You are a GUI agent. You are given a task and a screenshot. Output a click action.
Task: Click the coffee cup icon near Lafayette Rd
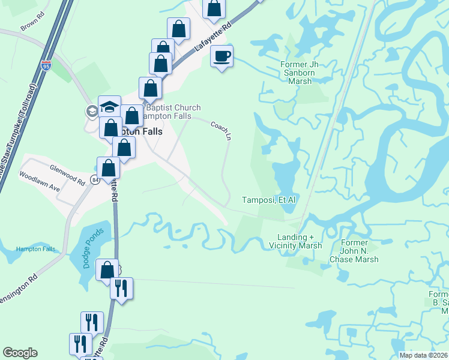(x=221, y=57)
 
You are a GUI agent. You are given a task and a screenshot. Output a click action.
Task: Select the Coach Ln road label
(x=221, y=130)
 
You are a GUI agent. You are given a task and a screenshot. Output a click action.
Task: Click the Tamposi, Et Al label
(x=269, y=200)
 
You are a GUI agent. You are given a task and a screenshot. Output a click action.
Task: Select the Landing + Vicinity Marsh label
(x=300, y=241)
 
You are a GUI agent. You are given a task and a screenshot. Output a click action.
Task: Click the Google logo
(x=20, y=353)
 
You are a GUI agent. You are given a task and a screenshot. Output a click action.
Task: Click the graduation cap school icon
(x=109, y=107)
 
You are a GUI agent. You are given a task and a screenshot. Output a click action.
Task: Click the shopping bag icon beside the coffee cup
(x=214, y=8)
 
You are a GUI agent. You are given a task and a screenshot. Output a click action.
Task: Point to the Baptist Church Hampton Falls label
(x=170, y=112)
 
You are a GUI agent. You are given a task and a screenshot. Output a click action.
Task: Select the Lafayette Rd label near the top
(x=212, y=37)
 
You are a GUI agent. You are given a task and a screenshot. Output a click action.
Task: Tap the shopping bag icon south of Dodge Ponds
(x=107, y=271)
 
